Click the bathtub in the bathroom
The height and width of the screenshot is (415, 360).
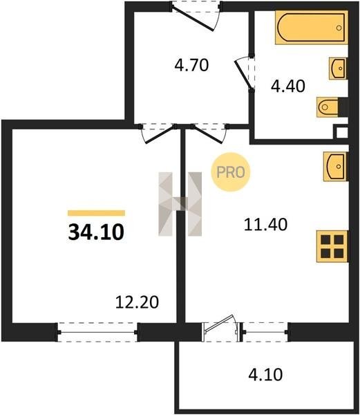(x=312, y=27)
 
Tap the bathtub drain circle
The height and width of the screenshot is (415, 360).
(x=339, y=28)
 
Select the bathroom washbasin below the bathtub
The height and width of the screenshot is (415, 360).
(x=338, y=68)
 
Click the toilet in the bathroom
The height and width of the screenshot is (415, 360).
(x=328, y=107)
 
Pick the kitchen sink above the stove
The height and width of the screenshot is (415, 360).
(x=335, y=167)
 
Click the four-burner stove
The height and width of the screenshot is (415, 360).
(x=332, y=246)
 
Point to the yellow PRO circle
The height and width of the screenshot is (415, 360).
(x=231, y=172)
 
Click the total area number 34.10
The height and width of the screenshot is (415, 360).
(x=96, y=232)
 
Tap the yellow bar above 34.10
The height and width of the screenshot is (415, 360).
(x=96, y=213)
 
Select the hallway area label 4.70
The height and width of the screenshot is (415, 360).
(x=191, y=65)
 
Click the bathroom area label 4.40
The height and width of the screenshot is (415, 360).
(x=288, y=86)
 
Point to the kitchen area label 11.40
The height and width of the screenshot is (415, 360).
(x=265, y=224)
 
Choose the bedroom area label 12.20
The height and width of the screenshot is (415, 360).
(x=138, y=302)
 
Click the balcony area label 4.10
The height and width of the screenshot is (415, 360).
(x=265, y=374)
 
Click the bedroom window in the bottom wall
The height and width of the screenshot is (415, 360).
(x=97, y=332)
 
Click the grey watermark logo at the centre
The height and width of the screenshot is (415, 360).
(x=180, y=204)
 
